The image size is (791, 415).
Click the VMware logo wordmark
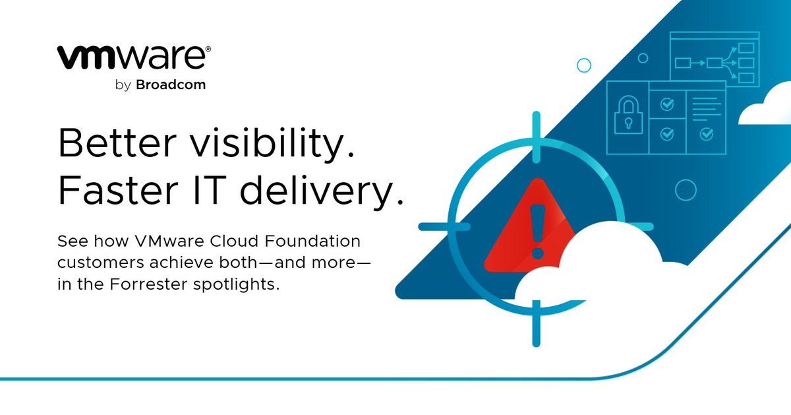134,57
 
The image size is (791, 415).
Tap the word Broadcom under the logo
171,85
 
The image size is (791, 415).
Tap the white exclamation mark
537,228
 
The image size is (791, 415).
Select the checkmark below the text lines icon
706,134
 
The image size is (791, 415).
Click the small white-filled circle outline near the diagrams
583,65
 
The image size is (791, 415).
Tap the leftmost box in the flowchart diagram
682,63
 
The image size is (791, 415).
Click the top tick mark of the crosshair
535,131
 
